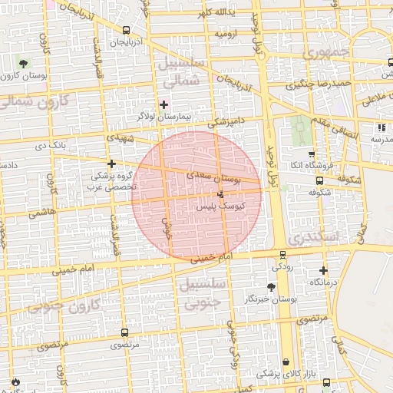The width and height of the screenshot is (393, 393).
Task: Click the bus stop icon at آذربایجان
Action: [125, 30]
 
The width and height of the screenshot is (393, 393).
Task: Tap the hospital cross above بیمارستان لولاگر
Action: [163, 104]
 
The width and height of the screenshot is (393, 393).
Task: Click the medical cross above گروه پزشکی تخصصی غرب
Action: [112, 163]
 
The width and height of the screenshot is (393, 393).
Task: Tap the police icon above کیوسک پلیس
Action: [221, 195]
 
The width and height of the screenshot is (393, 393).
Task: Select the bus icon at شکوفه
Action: [319, 180]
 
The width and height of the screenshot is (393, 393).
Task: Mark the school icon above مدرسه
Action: [380, 127]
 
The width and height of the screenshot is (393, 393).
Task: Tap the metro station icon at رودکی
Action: [282, 255]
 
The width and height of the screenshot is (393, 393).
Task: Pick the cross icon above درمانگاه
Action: [323, 270]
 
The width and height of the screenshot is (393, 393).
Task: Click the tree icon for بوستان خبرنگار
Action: [270, 286]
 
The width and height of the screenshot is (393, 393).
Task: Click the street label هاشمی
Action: [43, 213]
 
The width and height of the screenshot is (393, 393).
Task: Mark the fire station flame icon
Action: [15, 381]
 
